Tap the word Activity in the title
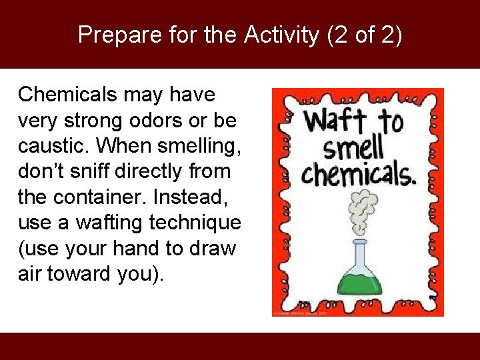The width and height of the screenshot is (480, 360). (x=281, y=35)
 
